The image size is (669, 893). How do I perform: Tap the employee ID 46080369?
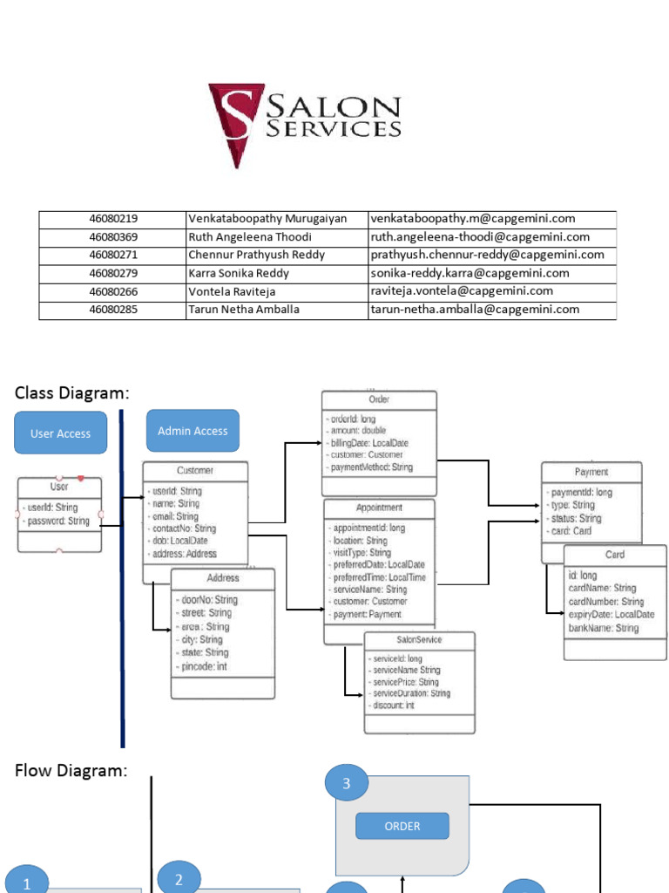tap(113, 237)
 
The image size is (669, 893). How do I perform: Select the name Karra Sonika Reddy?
tap(239, 273)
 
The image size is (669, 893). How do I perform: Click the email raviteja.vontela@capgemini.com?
tap(462, 291)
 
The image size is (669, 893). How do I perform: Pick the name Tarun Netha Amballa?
tap(244, 310)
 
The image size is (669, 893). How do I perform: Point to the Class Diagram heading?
tap(72, 393)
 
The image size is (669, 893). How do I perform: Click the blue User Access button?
tap(60, 433)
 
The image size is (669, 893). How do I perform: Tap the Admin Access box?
tap(193, 431)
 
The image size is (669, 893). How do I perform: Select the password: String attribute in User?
tap(58, 521)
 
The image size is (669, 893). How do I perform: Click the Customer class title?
tap(195, 470)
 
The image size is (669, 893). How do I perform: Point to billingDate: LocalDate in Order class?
tap(369, 442)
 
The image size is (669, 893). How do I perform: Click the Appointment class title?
tap(379, 508)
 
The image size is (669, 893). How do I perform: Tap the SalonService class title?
tap(419, 639)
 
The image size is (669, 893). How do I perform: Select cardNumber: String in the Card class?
tap(606, 602)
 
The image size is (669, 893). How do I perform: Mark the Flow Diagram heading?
tap(71, 771)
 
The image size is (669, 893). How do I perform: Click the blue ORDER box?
tap(402, 826)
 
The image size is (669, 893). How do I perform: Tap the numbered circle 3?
tap(347, 783)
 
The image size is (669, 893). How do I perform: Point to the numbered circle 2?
tap(179, 880)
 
